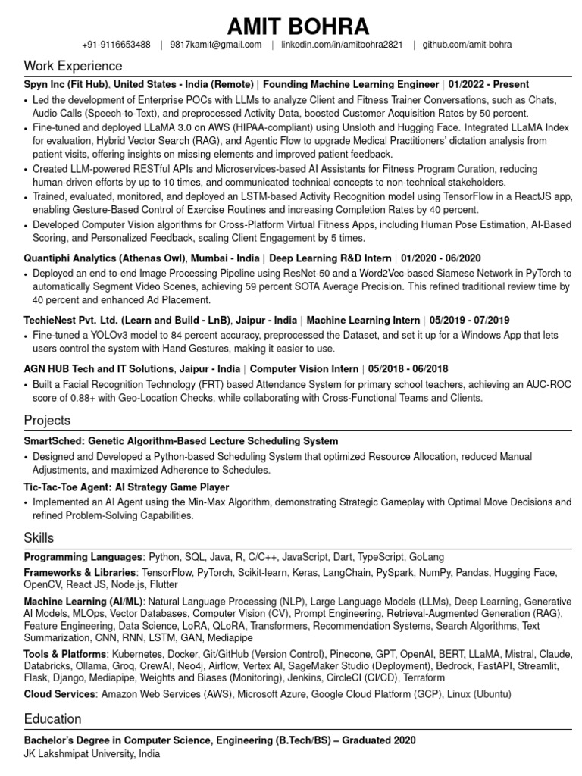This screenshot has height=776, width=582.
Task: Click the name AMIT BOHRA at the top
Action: (x=298, y=27)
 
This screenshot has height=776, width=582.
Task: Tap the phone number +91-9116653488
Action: (x=117, y=45)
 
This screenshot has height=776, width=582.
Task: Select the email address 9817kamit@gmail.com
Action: (x=216, y=45)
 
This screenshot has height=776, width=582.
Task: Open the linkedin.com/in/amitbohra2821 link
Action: (x=342, y=45)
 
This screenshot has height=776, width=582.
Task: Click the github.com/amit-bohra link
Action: (x=467, y=45)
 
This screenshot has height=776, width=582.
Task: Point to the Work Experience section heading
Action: (x=73, y=66)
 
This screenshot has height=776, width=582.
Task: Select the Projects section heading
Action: (x=47, y=420)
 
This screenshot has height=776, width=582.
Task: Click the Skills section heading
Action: (x=39, y=538)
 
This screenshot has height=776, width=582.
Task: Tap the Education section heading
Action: (x=52, y=718)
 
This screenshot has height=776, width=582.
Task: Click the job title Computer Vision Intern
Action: (x=304, y=369)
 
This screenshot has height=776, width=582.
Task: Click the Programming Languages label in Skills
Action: (x=83, y=556)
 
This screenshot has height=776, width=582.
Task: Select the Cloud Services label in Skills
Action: (x=60, y=693)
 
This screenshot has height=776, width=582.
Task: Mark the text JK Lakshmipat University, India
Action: (x=92, y=754)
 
